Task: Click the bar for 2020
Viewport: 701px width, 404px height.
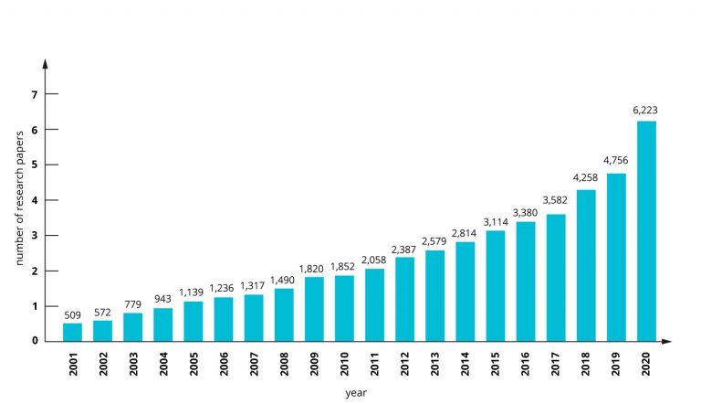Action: coord(646,231)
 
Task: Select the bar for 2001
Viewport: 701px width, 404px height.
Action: coord(72,332)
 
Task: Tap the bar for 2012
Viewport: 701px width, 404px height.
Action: coord(404,299)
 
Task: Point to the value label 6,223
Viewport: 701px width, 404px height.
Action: coord(646,111)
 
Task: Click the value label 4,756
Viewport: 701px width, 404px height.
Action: coord(616,162)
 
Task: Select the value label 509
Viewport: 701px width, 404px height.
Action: coord(72,314)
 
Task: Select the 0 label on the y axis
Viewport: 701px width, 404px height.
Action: coord(35,341)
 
